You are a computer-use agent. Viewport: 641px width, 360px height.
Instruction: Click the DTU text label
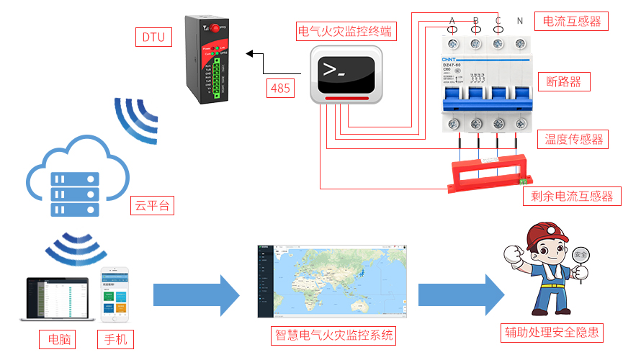[x=153, y=37]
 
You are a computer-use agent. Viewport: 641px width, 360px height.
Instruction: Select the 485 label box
[x=280, y=89]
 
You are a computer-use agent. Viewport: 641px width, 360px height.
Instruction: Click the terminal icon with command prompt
[x=345, y=73]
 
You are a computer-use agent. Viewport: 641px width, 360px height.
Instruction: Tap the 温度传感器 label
[x=573, y=138]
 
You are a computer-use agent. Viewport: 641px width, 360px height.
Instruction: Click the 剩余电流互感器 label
[x=571, y=195]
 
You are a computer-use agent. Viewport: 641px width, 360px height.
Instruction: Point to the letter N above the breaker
[x=520, y=20]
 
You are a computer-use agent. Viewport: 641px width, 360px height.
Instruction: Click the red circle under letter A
[x=452, y=29]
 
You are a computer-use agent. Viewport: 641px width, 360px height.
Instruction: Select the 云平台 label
[x=152, y=206]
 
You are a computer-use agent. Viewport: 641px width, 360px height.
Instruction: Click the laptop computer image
[x=57, y=299]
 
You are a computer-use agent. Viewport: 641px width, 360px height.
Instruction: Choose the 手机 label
[x=115, y=338]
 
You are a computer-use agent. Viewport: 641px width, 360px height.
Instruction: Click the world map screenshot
[x=331, y=282]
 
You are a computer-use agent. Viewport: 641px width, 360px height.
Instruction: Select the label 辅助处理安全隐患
[x=552, y=333]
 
